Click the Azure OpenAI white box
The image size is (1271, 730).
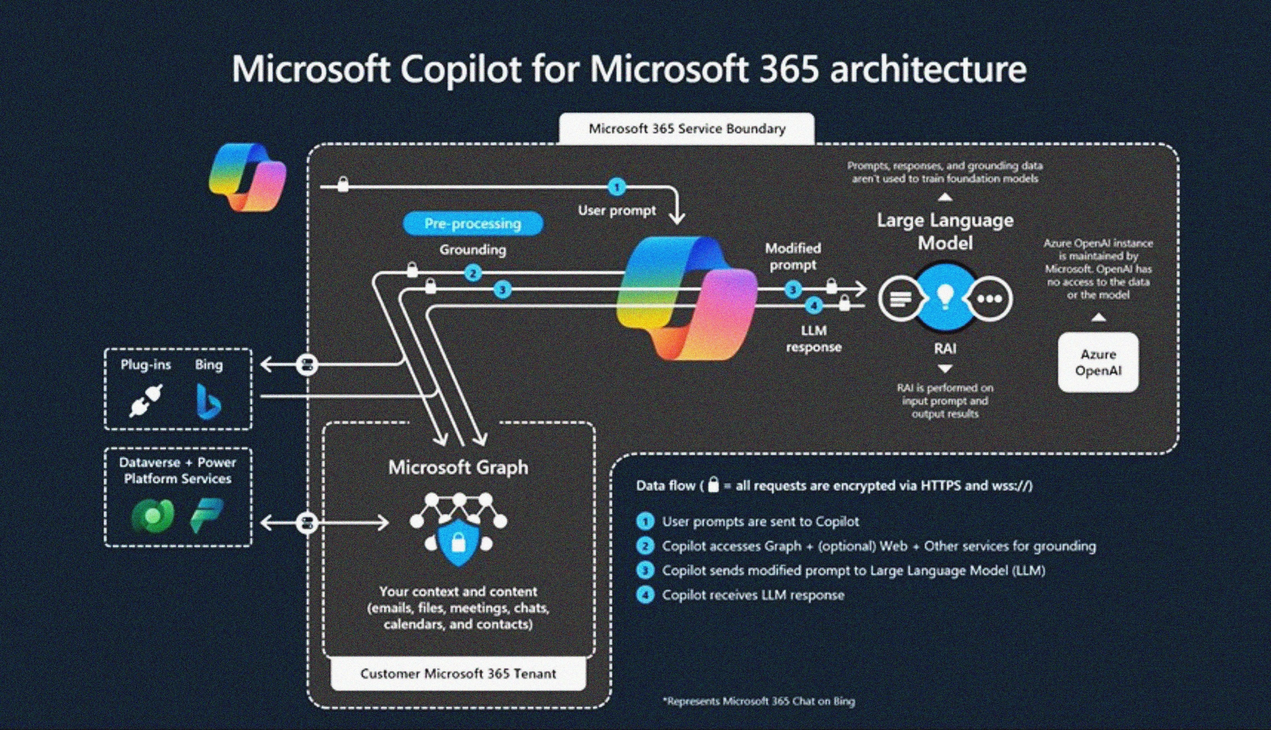[1098, 362]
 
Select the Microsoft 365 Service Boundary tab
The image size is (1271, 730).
[687, 129]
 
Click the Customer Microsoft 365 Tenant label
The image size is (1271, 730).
[458, 673]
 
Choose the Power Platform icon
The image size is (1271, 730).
[207, 515]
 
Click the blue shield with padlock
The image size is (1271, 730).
[458, 540]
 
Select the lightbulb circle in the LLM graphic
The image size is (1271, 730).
[945, 298]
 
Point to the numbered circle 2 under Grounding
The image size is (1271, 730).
[472, 274]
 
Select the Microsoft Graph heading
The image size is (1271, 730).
[458, 467]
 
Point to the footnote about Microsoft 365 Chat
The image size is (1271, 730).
[759, 701]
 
